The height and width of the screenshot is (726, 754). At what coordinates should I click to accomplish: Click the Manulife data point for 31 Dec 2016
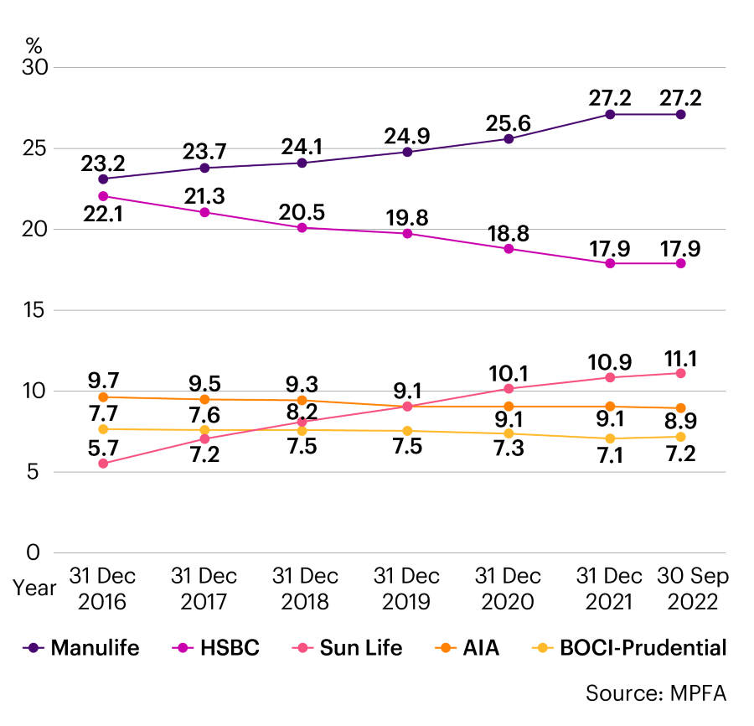coord(103,179)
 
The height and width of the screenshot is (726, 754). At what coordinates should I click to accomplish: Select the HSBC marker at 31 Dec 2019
coord(407,233)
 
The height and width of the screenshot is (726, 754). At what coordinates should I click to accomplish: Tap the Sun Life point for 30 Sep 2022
coord(681,373)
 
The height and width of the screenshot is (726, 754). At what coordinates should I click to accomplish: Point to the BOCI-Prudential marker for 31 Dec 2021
coord(610,438)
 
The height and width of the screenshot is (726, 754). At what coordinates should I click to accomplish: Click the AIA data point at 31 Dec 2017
coord(204,400)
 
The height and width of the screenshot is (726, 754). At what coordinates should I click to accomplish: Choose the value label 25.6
coord(509,123)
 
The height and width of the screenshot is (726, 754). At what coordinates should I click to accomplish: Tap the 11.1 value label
coord(681,359)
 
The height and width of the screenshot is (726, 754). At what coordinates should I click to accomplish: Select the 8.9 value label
coord(681,421)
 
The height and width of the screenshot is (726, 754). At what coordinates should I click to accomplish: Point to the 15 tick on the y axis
coord(36,310)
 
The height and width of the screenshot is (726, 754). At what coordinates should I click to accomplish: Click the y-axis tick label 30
coord(36,67)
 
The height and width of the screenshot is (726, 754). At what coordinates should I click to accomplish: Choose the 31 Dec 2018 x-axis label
coord(305,589)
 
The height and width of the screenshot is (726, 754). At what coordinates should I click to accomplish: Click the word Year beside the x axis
coord(34,588)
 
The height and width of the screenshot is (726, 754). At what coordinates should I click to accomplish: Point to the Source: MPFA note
coord(655,693)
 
